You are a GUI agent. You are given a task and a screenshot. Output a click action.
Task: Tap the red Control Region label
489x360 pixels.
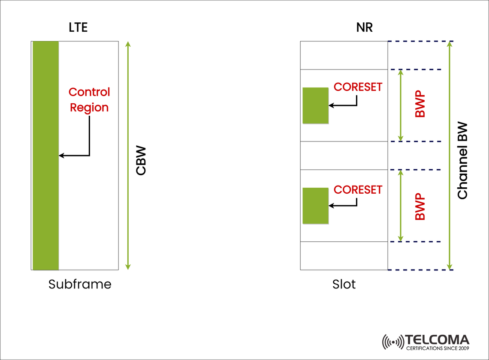[89, 99]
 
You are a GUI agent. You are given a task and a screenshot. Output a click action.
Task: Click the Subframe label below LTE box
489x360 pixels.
[80, 284]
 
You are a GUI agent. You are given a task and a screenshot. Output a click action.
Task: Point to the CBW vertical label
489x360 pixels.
[141, 161]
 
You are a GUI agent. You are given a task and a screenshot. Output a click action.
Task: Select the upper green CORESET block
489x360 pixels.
[315, 105]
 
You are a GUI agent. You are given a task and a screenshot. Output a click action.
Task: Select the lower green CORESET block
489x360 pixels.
[315, 206]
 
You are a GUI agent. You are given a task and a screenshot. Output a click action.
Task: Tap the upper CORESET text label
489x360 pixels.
[358, 87]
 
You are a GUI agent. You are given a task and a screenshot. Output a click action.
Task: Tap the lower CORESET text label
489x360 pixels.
[358, 190]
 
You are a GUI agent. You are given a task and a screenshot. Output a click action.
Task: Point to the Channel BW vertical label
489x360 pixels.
[462, 161]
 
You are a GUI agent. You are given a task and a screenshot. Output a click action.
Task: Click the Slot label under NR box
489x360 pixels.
[344, 284]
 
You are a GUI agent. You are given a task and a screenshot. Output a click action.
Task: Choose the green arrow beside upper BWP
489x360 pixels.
[401, 105]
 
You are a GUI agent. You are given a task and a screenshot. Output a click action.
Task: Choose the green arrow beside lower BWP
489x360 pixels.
[401, 206]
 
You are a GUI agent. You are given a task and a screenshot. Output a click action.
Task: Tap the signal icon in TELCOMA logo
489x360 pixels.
[392, 342]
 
